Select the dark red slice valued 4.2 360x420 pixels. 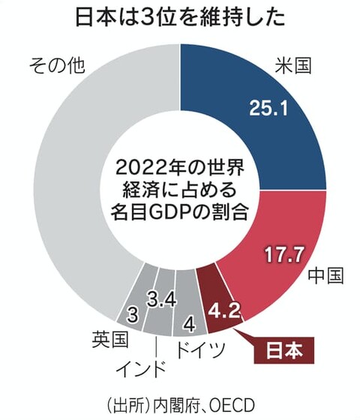[220, 300]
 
